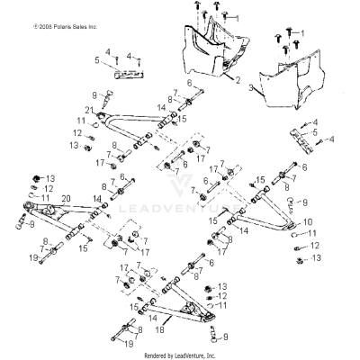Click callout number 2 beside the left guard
(x=237, y=80)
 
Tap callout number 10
(x=309, y=220)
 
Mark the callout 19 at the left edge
(x=32, y=257)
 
